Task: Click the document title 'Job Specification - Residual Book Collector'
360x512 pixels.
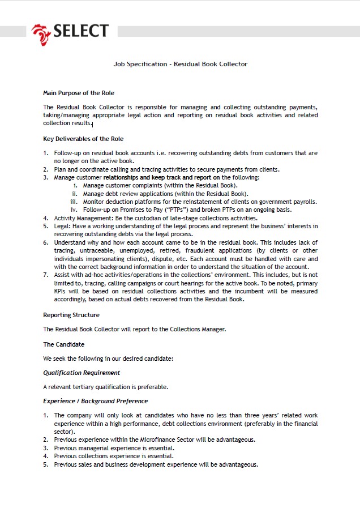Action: (180, 64)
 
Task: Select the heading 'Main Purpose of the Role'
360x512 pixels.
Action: (79, 93)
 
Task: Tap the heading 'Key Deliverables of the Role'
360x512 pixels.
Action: (83, 139)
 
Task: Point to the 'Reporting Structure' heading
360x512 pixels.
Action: (71, 315)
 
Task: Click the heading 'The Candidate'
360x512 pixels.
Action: (63, 344)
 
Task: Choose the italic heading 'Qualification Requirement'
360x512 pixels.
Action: (82, 373)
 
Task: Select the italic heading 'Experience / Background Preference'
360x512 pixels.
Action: (95, 401)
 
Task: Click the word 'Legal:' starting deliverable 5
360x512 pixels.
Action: (63, 226)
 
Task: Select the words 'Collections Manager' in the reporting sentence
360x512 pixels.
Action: (200, 329)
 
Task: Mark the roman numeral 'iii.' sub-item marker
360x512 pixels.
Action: (74, 202)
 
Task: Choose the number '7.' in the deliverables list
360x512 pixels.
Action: (46, 275)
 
